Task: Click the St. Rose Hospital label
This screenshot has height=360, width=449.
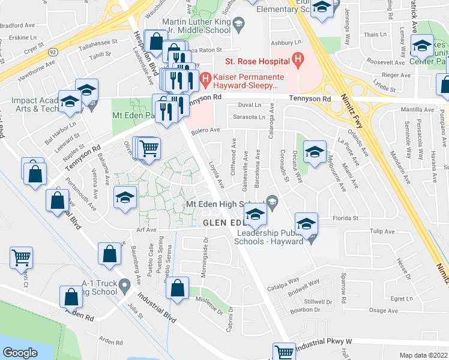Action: coord(258,61)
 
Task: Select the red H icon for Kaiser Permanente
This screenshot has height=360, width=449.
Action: coord(205,77)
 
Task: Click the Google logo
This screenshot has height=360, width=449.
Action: coord(20,352)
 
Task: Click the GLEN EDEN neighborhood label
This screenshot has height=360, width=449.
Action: coord(223,223)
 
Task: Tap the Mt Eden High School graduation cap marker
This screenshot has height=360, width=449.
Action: coord(256,214)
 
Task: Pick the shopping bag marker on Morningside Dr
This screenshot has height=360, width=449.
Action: coord(178,289)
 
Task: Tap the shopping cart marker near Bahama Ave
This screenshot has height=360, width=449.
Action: coord(149,147)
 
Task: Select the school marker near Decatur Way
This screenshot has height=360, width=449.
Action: coord(314,152)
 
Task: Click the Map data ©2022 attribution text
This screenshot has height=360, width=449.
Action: coord(424,355)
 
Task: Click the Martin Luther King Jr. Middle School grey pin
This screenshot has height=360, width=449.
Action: coord(238,25)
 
